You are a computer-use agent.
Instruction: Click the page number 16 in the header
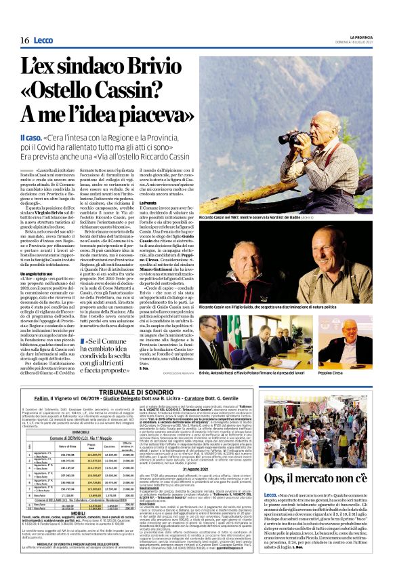(22, 41)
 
